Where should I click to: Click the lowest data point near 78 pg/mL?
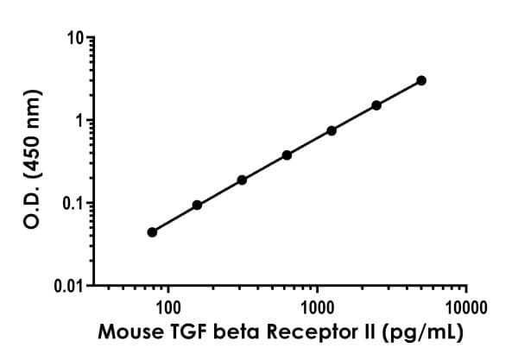click(x=152, y=232)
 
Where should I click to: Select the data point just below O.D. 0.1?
click(x=197, y=205)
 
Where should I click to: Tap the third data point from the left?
click(x=242, y=180)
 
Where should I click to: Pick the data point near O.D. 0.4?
click(x=287, y=155)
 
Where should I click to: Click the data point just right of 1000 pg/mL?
click(x=332, y=130)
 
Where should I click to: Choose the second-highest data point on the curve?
click(x=376, y=105)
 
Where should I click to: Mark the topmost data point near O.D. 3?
click(x=421, y=80)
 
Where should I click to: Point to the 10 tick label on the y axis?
click(x=75, y=39)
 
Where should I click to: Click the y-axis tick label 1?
click(x=79, y=121)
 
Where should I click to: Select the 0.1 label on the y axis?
click(x=73, y=204)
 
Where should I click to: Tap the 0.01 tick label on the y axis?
click(x=69, y=286)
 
